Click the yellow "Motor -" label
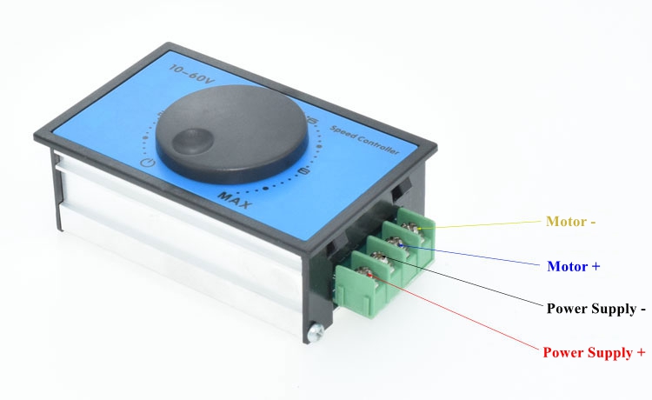pos(570,221)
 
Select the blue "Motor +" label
pos(574,266)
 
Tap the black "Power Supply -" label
pos(595,309)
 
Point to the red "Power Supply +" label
pos(594,352)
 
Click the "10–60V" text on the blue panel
pos(192,74)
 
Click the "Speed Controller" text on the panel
pos(364,139)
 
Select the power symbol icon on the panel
pos(148,162)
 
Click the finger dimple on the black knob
pos(192,141)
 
